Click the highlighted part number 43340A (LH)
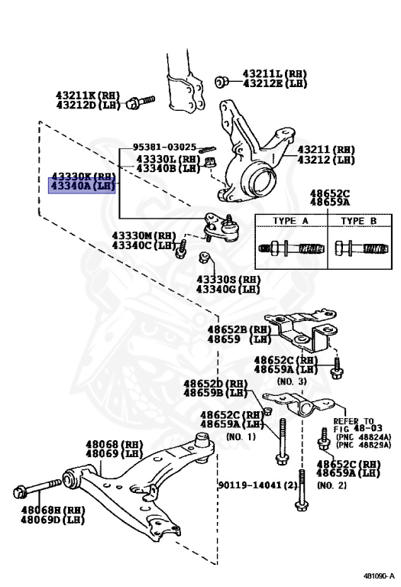82,186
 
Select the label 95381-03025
164,147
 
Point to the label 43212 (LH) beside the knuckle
326,160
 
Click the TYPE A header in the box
291,221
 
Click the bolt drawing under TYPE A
290,249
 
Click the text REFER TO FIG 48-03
354,425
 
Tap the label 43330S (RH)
228,280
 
